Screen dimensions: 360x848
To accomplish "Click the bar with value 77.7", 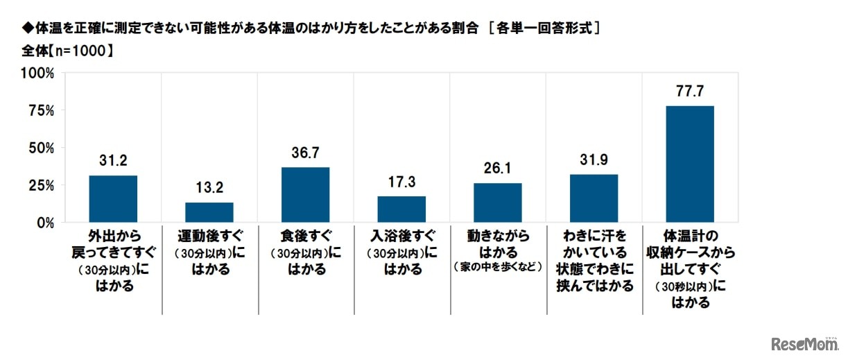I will (x=690, y=164).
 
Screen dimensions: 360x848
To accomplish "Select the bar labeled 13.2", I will (x=209, y=212).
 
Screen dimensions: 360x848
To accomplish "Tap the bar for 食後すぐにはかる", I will (x=305, y=195).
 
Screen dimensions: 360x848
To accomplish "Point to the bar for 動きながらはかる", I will (x=498, y=203).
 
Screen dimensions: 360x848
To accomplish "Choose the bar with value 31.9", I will (x=594, y=198).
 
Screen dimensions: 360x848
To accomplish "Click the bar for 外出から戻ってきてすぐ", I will (x=113, y=199).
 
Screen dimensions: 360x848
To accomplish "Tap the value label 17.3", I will (x=401, y=183).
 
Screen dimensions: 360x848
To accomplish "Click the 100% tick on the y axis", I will (x=40, y=73).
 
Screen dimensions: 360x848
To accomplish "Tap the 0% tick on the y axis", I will (x=46, y=223).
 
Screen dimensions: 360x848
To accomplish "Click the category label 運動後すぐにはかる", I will (x=209, y=252).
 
